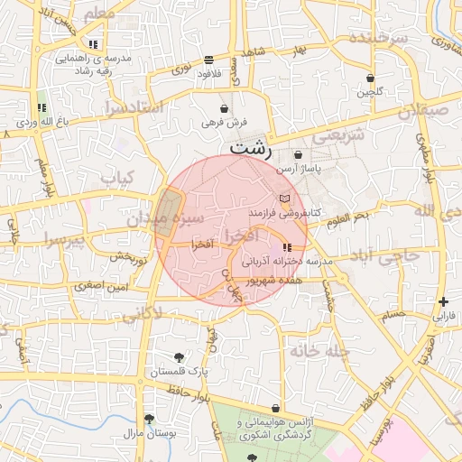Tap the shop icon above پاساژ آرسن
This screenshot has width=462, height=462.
point(298,155)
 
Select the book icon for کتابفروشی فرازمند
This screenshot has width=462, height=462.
point(285,199)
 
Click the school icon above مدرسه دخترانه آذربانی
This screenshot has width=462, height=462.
point(287,247)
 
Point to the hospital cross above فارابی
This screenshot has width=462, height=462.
point(442,301)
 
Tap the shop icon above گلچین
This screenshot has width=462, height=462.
point(371,78)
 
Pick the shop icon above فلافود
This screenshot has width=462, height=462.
point(209,60)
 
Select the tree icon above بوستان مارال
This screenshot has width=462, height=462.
point(149,419)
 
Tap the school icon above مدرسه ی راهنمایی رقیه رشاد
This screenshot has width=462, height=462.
point(93,43)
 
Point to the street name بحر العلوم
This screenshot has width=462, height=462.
point(347,218)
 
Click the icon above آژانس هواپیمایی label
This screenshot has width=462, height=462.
point(275,409)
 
